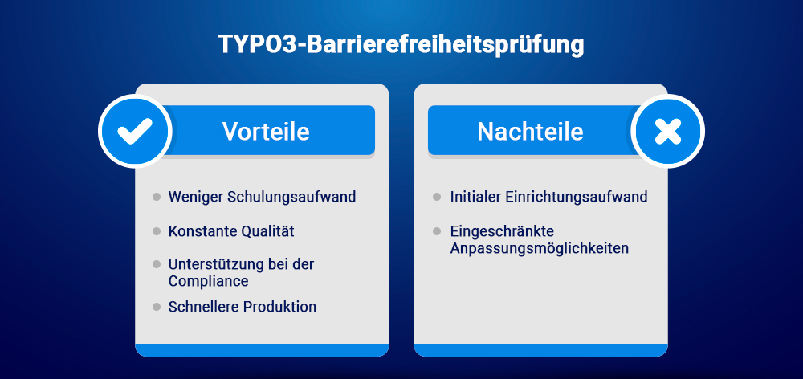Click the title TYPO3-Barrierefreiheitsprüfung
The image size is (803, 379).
(x=401, y=45)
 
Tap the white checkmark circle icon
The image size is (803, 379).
(x=134, y=131)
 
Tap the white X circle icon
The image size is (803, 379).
(x=667, y=131)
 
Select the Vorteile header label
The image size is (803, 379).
(x=266, y=131)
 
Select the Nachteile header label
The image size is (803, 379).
(x=530, y=131)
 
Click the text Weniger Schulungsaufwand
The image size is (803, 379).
(x=262, y=197)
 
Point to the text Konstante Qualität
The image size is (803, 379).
(x=231, y=231)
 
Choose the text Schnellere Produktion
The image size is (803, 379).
(x=243, y=307)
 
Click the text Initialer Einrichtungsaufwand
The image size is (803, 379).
(x=548, y=197)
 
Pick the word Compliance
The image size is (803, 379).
(x=208, y=281)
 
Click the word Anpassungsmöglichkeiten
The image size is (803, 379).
(x=540, y=248)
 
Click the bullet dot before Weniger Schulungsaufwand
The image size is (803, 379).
(x=157, y=197)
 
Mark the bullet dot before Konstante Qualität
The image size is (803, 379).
(x=157, y=231)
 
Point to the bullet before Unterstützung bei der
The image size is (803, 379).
(x=157, y=264)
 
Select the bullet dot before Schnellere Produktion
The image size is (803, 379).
(x=157, y=307)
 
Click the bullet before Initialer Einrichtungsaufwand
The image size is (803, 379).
(x=437, y=197)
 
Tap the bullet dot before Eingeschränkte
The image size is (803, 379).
(x=437, y=231)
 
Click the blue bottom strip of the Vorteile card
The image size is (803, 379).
(x=262, y=349)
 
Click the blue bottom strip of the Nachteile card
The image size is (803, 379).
(x=540, y=349)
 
